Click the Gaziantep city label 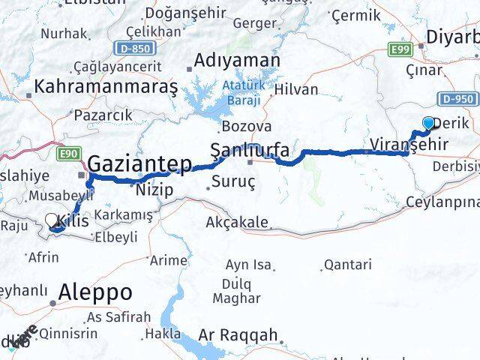tap(139, 163)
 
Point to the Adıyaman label tap(237, 61)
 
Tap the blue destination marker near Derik tap(428, 123)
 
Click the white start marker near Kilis tap(51, 220)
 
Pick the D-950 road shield tap(457, 97)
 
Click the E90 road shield tap(69, 154)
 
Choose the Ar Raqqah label tap(239, 335)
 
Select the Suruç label tap(234, 181)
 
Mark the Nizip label tap(154, 190)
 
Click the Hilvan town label tap(296, 89)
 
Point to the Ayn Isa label tap(250, 264)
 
